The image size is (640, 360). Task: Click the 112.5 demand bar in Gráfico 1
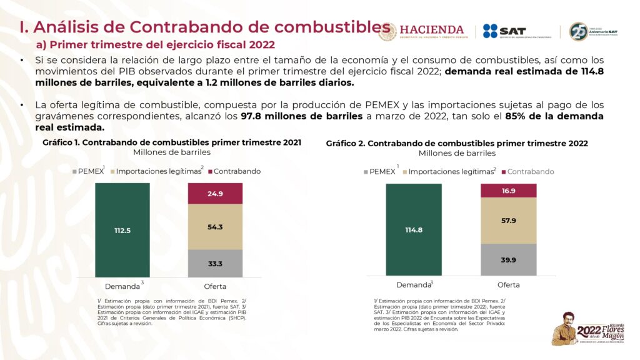(x=122, y=230)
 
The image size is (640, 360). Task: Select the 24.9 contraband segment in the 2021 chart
(x=215, y=194)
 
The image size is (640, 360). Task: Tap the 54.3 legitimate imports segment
(x=215, y=227)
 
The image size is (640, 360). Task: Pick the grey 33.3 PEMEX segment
(x=215, y=263)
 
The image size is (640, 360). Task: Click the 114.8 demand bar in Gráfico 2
(x=414, y=230)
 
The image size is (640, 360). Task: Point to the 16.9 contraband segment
(x=508, y=191)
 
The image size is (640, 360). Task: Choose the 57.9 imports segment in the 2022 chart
(x=508, y=221)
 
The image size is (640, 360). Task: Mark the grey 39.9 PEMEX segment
(x=508, y=259)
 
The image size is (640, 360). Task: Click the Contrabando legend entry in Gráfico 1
(x=234, y=171)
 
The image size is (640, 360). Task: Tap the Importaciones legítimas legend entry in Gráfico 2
(x=449, y=171)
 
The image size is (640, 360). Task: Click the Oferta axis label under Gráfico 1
(x=215, y=286)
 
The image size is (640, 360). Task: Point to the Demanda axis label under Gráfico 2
(x=414, y=285)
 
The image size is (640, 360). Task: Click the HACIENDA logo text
(x=431, y=31)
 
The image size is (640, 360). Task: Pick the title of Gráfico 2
(x=457, y=143)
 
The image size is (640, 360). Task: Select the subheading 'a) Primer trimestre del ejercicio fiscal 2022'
(x=156, y=45)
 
